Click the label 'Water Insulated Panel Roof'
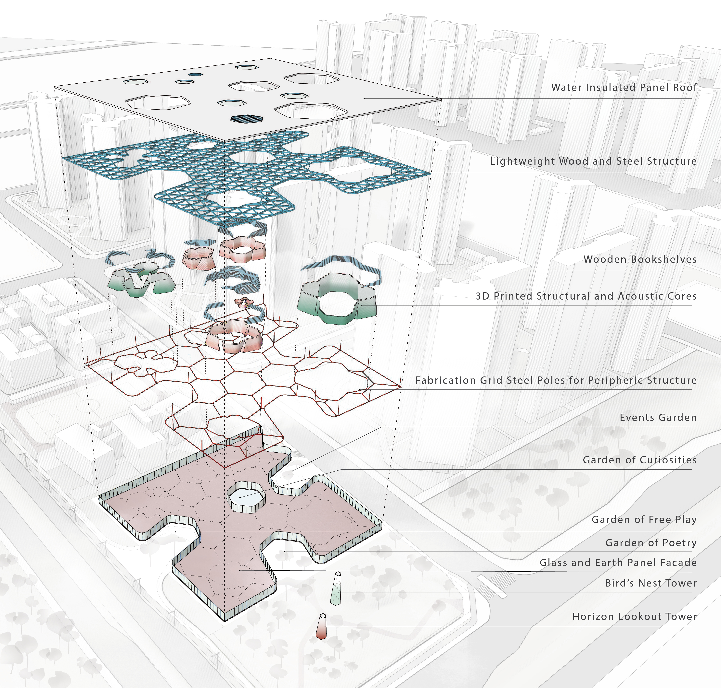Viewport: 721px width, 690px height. [x=624, y=88]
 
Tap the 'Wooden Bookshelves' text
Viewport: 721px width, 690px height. [x=640, y=259]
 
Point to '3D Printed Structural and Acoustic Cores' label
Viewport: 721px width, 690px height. [x=586, y=296]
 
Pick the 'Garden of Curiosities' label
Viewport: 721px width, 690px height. [x=640, y=460]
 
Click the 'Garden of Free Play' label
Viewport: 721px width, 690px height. [x=644, y=519]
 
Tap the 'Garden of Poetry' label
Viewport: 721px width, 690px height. [x=651, y=543]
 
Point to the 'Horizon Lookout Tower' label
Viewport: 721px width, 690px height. [x=635, y=616]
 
